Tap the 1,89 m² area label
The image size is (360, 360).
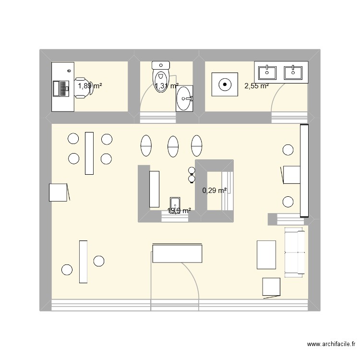[90, 86]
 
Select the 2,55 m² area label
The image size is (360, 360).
[256, 86]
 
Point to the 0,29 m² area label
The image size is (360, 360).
[214, 191]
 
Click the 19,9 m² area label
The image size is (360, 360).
[179, 211]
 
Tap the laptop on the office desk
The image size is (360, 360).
[61, 88]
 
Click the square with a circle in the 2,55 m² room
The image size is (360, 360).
[224, 85]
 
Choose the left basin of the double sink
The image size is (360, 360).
[267, 72]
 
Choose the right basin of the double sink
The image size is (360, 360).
[293, 72]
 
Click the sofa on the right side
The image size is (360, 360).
[294, 252]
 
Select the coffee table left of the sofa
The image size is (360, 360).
[266, 254]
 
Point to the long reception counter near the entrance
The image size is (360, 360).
[177, 253]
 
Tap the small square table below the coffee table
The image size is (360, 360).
[271, 287]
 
